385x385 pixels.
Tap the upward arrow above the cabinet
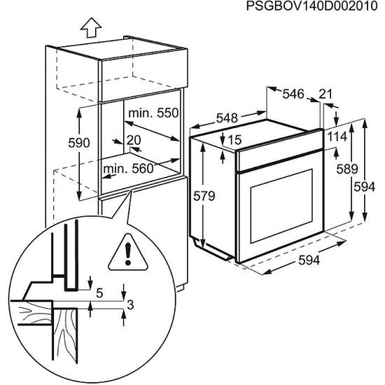(90, 29)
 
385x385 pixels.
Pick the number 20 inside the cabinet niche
(134, 140)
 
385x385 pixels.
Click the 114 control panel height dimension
(337, 136)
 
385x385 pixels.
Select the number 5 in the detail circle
(99, 293)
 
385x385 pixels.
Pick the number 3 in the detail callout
(130, 304)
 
